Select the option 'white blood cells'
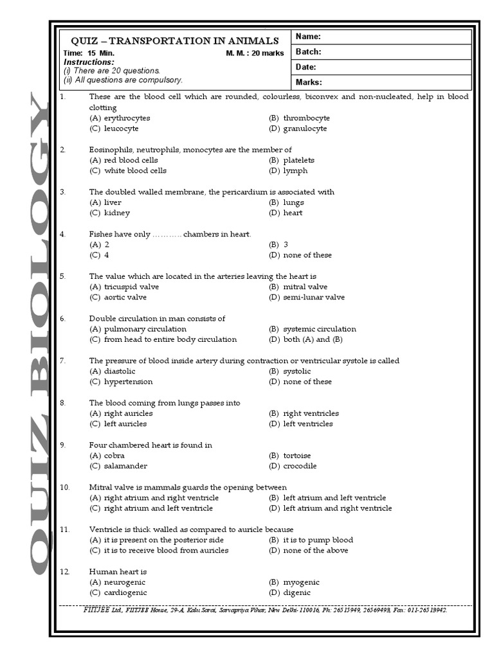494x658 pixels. pyautogui.click(x=135, y=171)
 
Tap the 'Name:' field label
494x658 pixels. pyautogui.click(x=308, y=37)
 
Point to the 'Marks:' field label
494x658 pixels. pyautogui.click(x=309, y=82)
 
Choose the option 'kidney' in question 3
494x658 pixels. pyautogui.click(x=116, y=213)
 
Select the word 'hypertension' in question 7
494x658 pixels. pyautogui.click(x=128, y=382)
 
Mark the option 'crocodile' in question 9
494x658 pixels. pyautogui.click(x=300, y=466)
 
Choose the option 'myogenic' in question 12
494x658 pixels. pyautogui.click(x=301, y=582)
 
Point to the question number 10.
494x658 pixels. pyautogui.click(x=64, y=487)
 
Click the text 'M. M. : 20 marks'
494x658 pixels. pyautogui.click(x=255, y=53)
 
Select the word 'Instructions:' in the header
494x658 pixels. pyautogui.click(x=89, y=62)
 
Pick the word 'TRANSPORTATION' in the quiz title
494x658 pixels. pyautogui.click(x=163, y=40)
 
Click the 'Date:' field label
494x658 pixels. pyautogui.click(x=306, y=67)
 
